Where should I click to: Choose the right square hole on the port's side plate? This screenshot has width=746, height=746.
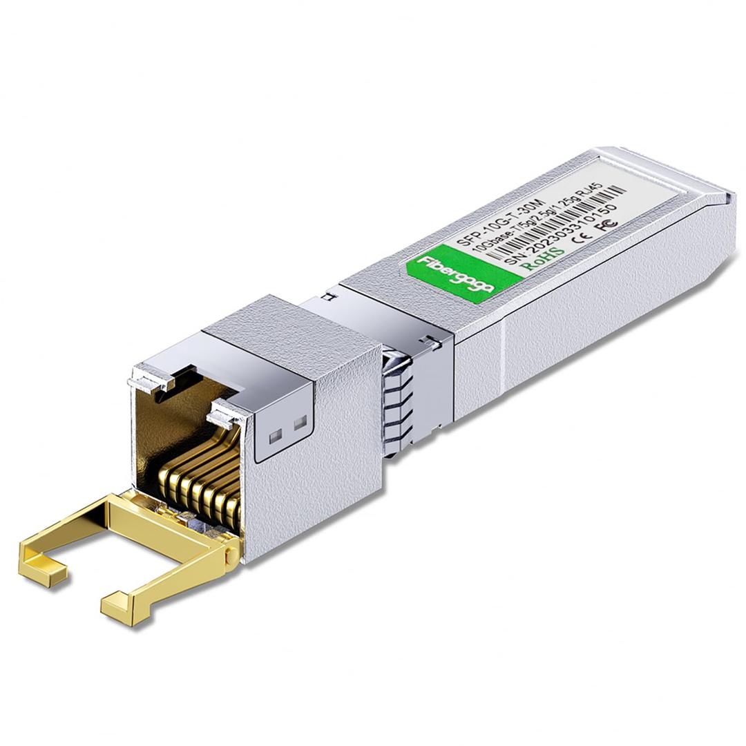tap(300, 423)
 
